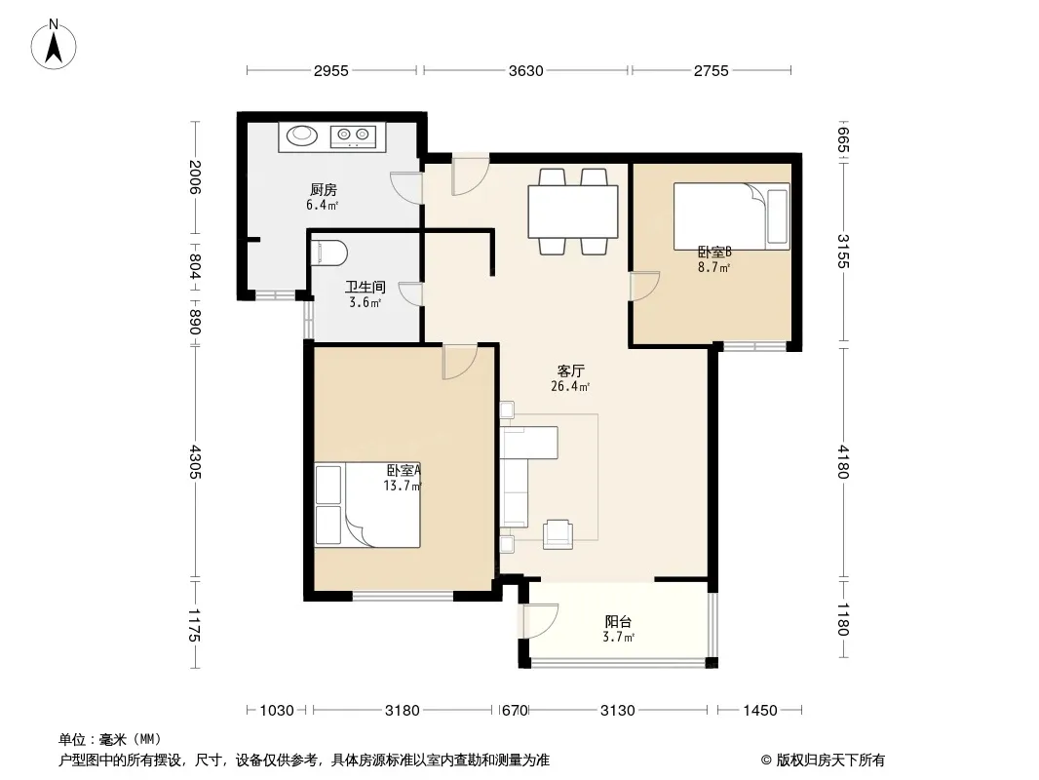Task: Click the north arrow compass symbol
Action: [54, 45]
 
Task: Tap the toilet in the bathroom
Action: [329, 252]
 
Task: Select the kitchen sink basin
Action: [302, 136]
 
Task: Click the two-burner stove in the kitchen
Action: [353, 136]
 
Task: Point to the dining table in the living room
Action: [573, 212]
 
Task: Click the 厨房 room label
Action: [324, 190]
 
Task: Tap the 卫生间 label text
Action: [366, 287]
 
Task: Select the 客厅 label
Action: [570, 371]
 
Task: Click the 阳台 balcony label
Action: [618, 622]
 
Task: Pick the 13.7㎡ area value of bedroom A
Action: [403, 486]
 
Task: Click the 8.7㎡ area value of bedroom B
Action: [713, 268]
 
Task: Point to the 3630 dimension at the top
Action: [526, 70]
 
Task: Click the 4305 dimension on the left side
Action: [195, 461]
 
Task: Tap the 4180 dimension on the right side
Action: [843, 461]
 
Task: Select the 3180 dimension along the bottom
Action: [403, 711]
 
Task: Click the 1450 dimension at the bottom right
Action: [759, 711]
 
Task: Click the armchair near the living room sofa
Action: [558, 534]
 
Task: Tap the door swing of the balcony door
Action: [541, 621]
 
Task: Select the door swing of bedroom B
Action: [644, 287]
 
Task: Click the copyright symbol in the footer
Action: [766, 760]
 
